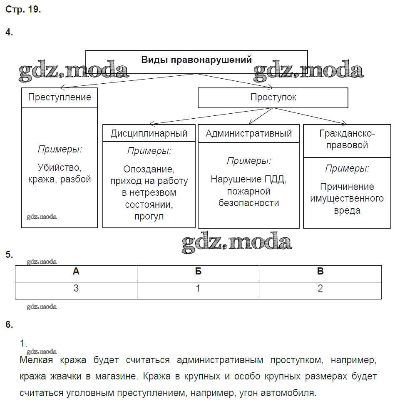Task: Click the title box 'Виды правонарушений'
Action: tap(196, 60)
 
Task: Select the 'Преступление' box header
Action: tap(60, 97)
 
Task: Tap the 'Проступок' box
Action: tap(273, 97)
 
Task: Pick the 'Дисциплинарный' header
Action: tap(149, 133)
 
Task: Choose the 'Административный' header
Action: tap(248, 133)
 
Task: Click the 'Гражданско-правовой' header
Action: tap(347, 139)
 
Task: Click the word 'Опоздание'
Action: tap(149, 169)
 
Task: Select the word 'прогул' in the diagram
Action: tap(149, 216)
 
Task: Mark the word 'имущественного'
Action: tap(347, 198)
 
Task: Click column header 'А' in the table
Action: tap(76, 272)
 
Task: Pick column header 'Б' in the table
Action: tap(198, 272)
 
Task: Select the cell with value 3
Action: tap(76, 288)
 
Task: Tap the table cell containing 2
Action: tap(320, 288)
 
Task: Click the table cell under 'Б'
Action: tap(198, 288)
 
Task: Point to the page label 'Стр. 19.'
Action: tap(23, 10)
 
